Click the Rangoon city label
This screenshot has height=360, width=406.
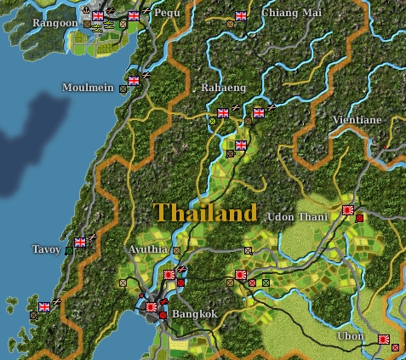pos(54,23)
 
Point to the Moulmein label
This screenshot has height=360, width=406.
pos(88,88)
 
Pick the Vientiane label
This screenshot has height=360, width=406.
pos(357,120)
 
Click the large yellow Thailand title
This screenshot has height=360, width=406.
pos(205,212)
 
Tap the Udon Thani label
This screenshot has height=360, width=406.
pos(297,217)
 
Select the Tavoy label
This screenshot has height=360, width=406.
pos(46,249)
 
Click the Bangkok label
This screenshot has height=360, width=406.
pos(195,314)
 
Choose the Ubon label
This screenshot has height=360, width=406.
pos(349,337)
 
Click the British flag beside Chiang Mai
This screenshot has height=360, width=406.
pos(241,15)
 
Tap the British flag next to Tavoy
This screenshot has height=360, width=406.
pos(80,242)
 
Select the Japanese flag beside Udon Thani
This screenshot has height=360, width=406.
pos(348,209)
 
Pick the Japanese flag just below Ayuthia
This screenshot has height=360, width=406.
pos(169,275)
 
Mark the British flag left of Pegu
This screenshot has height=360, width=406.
pos(133,15)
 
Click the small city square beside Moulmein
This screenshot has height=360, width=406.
pos(123,88)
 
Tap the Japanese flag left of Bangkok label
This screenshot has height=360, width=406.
pos(152,306)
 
